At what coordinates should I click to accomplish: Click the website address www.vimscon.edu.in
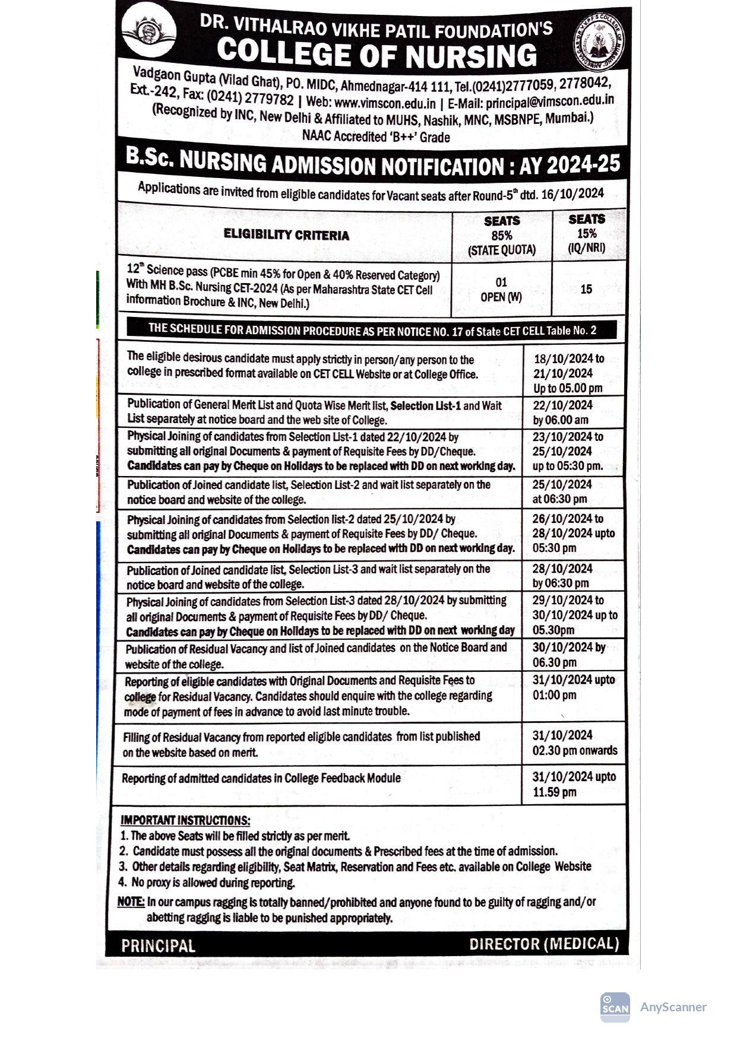(x=385, y=103)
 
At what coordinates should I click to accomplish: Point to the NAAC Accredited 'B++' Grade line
(x=376, y=137)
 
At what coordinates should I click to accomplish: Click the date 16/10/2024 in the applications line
(x=572, y=193)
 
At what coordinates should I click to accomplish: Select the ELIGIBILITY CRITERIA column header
(x=286, y=235)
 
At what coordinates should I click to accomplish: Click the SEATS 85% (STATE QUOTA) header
(x=502, y=236)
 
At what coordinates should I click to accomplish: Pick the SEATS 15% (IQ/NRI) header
(x=587, y=233)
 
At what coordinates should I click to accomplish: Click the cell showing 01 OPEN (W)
(x=501, y=289)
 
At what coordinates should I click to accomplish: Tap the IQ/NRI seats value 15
(x=586, y=289)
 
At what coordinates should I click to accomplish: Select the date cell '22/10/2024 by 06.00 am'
(x=562, y=412)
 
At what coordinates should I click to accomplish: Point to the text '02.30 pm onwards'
(x=574, y=750)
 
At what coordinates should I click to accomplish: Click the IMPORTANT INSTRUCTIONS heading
(x=185, y=820)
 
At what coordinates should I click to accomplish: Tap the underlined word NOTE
(x=131, y=902)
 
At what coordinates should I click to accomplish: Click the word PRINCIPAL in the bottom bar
(x=158, y=945)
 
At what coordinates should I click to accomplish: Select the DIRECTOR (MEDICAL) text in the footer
(x=544, y=944)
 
